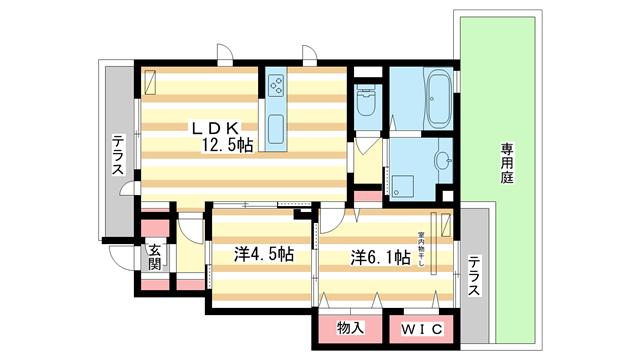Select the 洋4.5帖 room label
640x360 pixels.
tap(264, 256)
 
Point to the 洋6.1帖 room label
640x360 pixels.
tap(380, 257)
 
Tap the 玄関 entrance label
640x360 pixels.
tap(155, 257)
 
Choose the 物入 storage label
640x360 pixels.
tap(350, 328)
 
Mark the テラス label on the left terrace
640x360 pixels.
tap(117, 155)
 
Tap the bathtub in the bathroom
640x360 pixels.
tap(437, 99)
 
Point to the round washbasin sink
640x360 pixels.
tap(442, 159)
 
